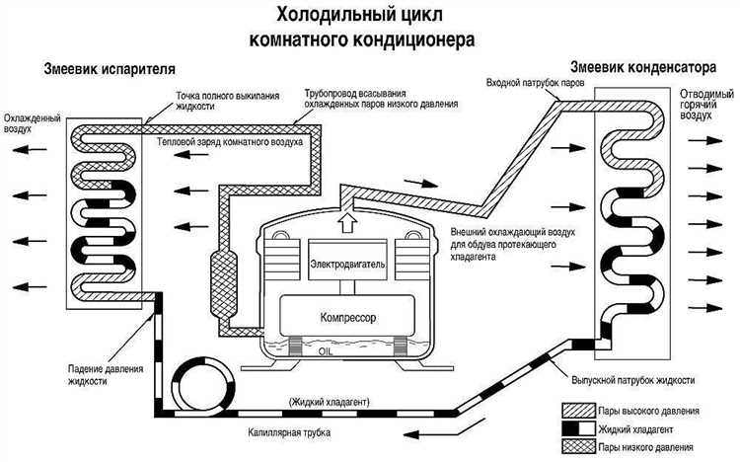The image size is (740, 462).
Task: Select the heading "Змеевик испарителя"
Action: (x=110, y=70)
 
